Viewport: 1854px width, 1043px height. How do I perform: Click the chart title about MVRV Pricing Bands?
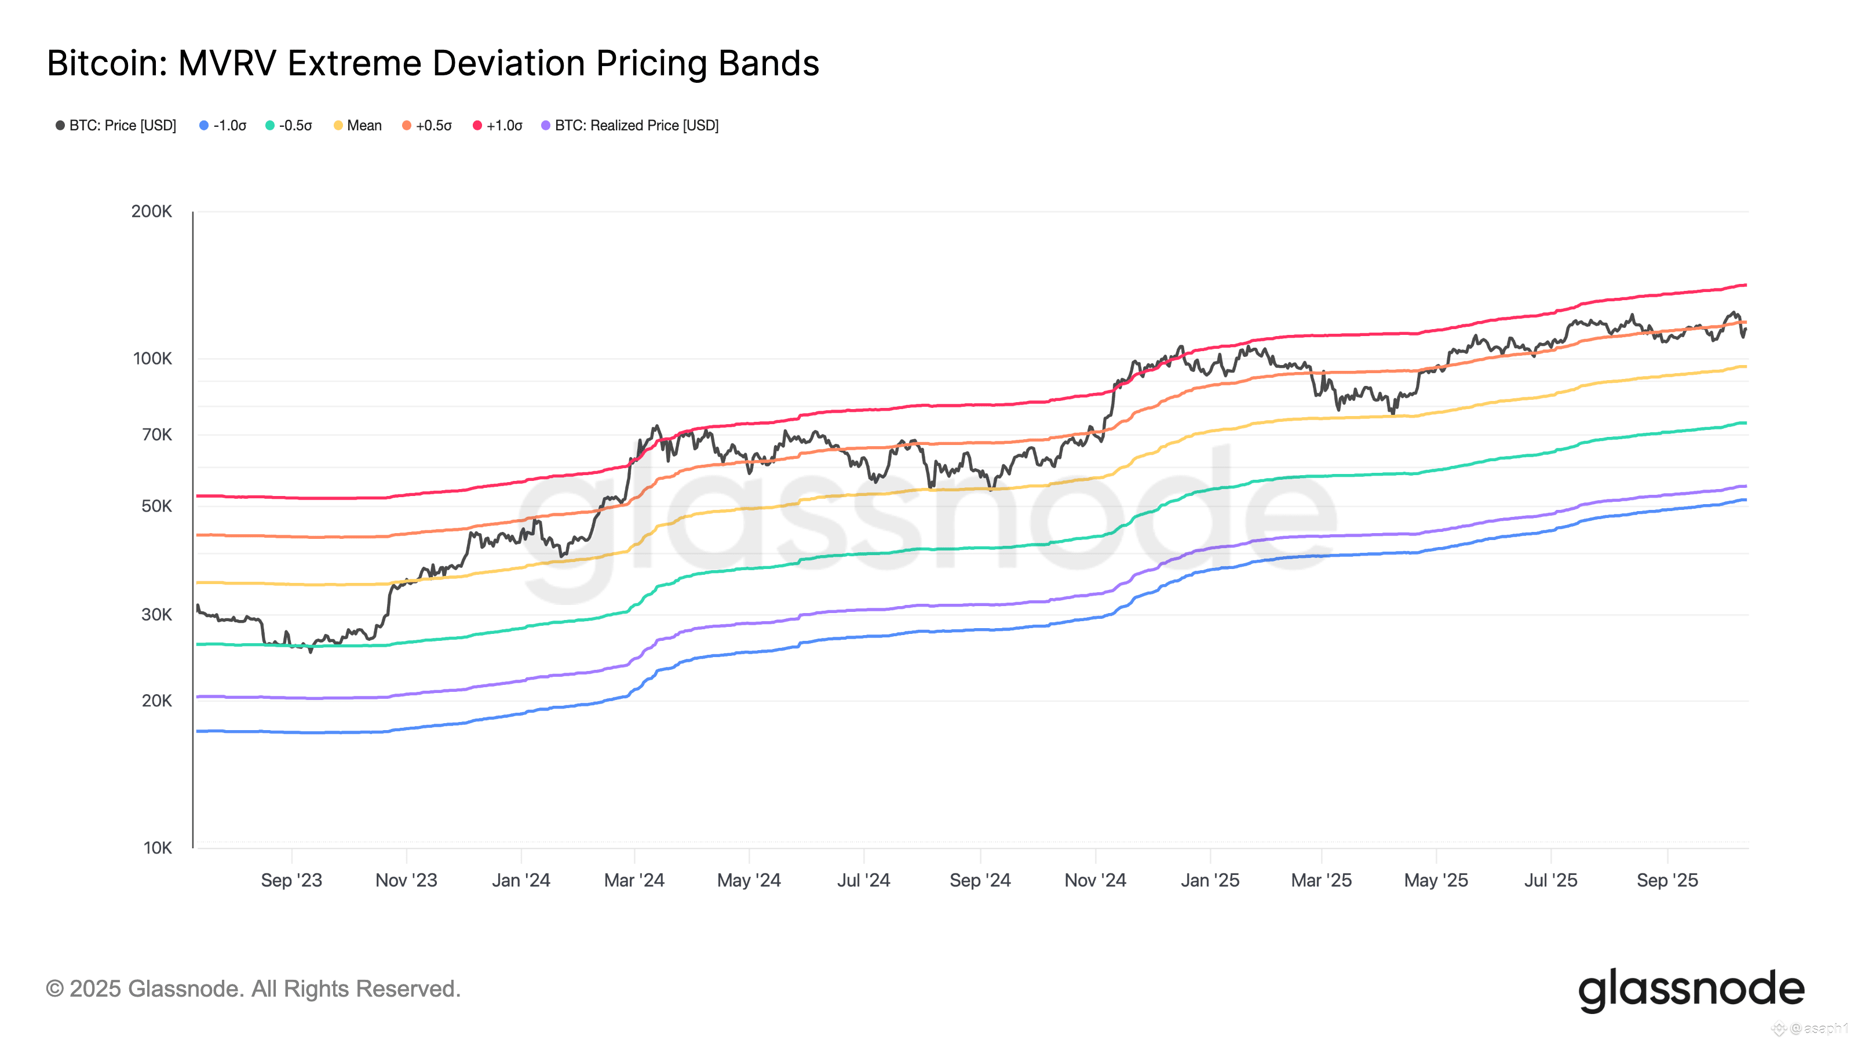tap(433, 63)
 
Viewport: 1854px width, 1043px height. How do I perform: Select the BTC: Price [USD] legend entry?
tap(116, 125)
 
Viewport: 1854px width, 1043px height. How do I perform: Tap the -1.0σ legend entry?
tap(223, 125)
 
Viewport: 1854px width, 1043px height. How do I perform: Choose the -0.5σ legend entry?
tap(289, 125)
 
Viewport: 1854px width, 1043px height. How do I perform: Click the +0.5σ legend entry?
tap(427, 125)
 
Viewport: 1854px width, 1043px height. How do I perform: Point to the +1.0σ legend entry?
tap(497, 125)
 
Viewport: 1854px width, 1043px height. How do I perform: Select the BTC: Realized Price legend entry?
tap(630, 125)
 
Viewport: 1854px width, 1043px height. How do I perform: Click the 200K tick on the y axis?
tap(152, 211)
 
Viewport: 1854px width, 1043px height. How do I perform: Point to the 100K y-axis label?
tap(152, 359)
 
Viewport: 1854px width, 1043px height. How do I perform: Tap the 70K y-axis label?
tap(157, 435)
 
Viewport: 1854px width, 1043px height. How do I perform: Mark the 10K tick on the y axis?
tap(158, 848)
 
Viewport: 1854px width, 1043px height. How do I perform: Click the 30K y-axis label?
tap(157, 615)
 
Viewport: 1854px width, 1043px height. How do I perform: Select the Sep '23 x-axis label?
tap(291, 880)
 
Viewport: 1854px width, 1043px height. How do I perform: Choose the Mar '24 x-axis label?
tap(634, 880)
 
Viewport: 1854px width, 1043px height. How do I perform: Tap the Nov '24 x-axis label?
tap(1094, 880)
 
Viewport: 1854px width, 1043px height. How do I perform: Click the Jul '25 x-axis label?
tap(1550, 880)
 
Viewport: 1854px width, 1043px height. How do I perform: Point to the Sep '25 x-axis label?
tap(1667, 880)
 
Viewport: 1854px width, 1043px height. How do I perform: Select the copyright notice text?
tap(253, 989)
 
